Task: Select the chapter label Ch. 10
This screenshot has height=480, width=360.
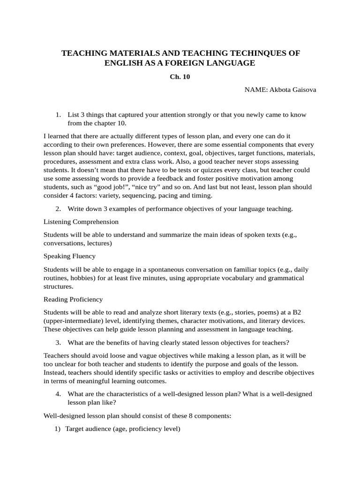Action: (180, 77)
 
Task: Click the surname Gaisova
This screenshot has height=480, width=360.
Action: (300, 90)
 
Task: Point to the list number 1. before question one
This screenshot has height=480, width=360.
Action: (58, 115)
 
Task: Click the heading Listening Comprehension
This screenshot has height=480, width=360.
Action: (81, 221)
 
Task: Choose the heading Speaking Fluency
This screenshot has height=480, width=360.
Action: (69, 256)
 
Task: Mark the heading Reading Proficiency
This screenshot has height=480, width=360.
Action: (73, 299)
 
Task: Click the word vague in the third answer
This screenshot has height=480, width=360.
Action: (145, 355)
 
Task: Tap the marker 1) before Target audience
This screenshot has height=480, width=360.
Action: (58, 428)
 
